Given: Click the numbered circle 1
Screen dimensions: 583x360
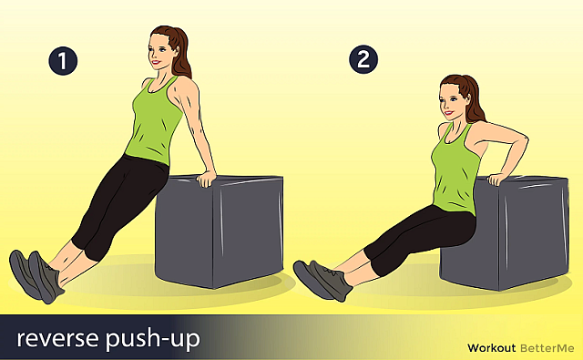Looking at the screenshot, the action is click(x=63, y=60).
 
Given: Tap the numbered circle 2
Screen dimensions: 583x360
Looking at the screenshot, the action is click(x=363, y=59).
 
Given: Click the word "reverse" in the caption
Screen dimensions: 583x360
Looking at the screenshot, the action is click(x=58, y=338).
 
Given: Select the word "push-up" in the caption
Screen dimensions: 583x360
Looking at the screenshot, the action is click(x=153, y=339).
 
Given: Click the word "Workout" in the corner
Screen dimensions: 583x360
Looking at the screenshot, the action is click(x=492, y=348).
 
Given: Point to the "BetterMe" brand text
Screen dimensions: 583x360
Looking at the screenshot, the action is click(x=547, y=348).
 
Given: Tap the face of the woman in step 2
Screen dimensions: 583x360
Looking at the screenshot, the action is click(x=450, y=100).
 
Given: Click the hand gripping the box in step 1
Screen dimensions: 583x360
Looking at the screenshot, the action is click(x=206, y=179).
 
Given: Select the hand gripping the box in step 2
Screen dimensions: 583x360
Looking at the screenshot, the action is click(x=498, y=179).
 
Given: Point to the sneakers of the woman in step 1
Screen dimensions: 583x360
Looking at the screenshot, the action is click(x=36, y=276).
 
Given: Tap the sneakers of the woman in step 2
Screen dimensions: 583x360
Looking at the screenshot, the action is click(x=322, y=279).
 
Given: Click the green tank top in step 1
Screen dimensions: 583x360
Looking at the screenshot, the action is click(x=153, y=120).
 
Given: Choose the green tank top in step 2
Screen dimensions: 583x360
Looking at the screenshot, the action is click(x=455, y=168).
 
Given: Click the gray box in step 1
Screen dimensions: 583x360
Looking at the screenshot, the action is click(x=220, y=231).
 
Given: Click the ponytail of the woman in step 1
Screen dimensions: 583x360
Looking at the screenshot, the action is click(x=181, y=56).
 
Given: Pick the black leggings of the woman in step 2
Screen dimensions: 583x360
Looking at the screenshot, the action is click(x=420, y=237).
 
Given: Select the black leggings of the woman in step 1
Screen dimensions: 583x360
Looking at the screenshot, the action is click(x=119, y=204).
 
